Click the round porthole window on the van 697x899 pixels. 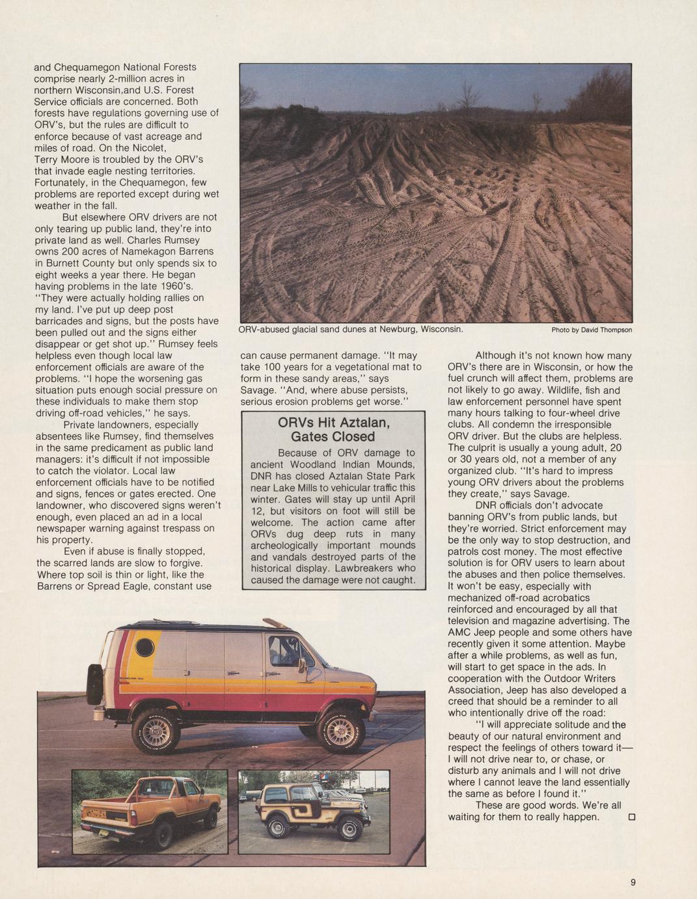(144, 648)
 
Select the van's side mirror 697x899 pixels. (302, 666)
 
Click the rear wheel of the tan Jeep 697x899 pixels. (279, 827)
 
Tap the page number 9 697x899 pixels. (633, 883)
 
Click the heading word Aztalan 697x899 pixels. (359, 422)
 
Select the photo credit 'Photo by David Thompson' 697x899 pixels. (592, 330)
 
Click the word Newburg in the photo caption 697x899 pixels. (397, 329)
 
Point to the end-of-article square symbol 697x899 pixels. (631, 817)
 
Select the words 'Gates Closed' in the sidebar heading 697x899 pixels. (333, 436)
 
